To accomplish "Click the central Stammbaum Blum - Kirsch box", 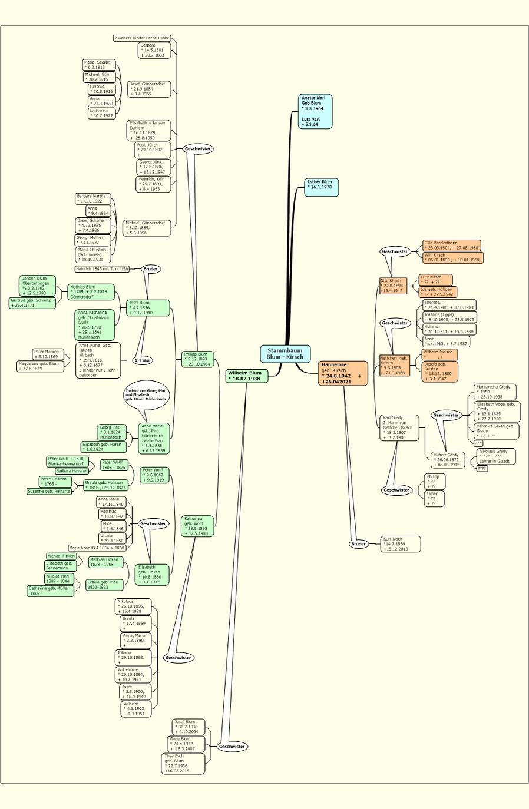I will click(x=285, y=353).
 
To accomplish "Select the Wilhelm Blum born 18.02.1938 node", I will click(x=247, y=376).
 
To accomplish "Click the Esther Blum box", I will click(x=322, y=187).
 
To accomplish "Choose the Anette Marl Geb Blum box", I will click(x=316, y=111).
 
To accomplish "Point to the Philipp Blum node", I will click(x=197, y=359).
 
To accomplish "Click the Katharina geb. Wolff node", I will click(x=197, y=526).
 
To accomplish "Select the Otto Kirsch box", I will click(x=393, y=286).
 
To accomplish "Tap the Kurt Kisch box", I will click(x=401, y=544).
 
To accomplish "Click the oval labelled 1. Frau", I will click(x=142, y=360).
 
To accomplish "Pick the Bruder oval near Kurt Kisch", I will click(x=358, y=544).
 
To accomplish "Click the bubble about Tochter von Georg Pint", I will click(x=146, y=395).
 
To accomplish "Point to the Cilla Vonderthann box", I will click(x=452, y=245).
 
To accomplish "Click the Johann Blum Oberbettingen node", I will click(x=38, y=286).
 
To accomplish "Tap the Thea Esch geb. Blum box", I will click(x=183, y=763).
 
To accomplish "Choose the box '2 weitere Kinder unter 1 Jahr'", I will click(x=142, y=38).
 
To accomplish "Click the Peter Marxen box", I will click(x=47, y=354).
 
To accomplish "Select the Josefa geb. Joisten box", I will click(x=439, y=371).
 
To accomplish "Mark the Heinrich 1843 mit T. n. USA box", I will click(x=102, y=269).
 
